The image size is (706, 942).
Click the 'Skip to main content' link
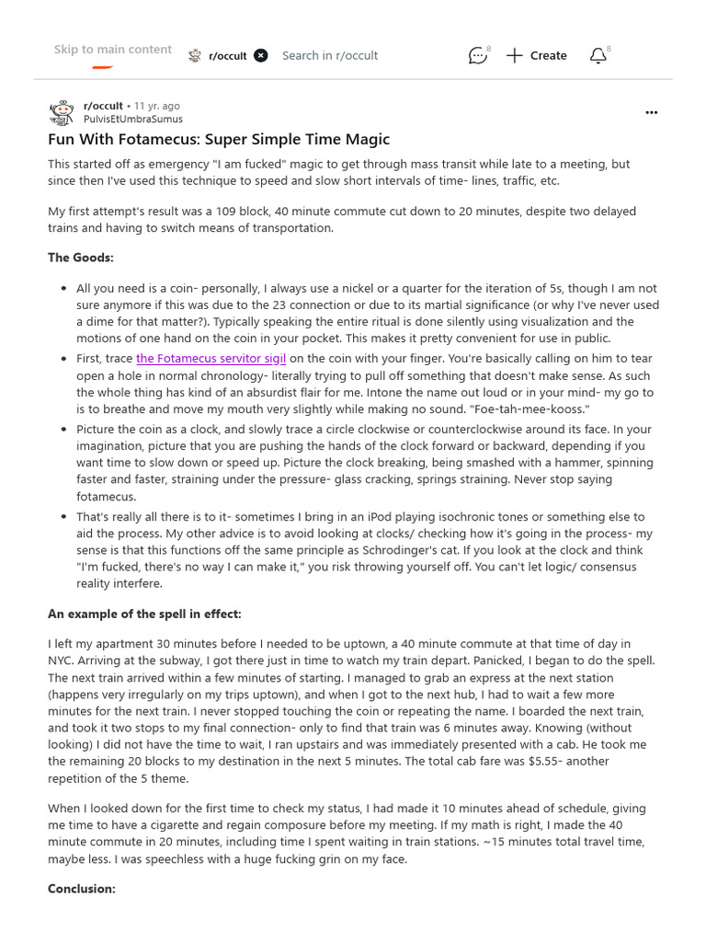pos(112,50)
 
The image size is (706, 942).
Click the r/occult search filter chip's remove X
pos(261,55)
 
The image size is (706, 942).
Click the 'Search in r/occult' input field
pos(330,55)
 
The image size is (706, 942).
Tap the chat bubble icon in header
pos(477,56)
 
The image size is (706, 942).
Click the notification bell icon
pos(598,56)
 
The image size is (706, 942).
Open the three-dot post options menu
pos(651,112)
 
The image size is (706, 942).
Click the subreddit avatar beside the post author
pos(61,112)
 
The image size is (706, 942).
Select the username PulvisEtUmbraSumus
pos(132,119)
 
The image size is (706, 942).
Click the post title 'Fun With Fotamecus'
pos(219,140)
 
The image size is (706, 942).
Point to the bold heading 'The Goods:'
pos(81,258)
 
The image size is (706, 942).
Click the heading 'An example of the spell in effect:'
pos(144,614)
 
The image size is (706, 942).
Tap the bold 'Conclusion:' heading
pos(82,889)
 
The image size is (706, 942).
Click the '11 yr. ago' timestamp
pos(157,106)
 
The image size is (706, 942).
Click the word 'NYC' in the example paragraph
pos(61,661)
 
